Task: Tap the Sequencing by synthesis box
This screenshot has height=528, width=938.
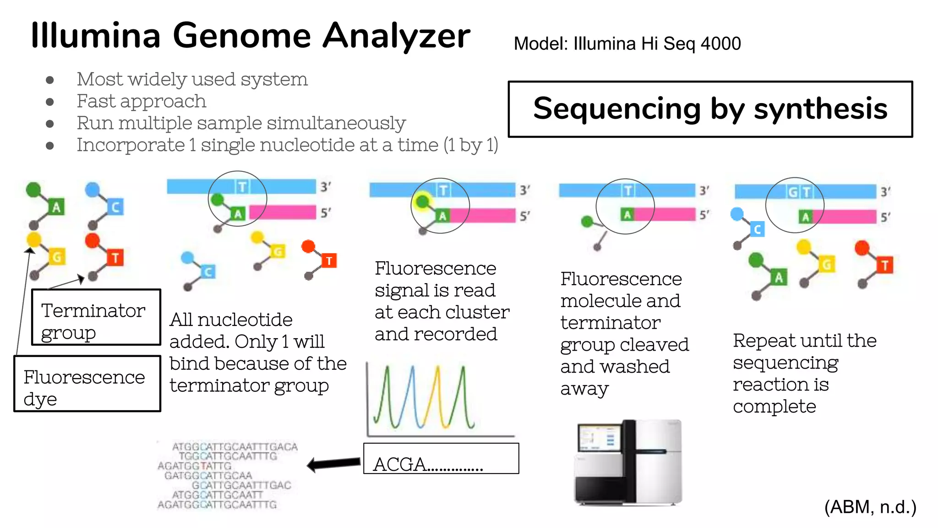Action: pyautogui.click(x=710, y=109)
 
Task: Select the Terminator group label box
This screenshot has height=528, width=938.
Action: pyautogui.click(x=96, y=317)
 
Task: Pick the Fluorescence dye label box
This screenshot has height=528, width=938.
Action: pyautogui.click(x=87, y=384)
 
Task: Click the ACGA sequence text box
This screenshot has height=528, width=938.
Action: pyautogui.click(x=441, y=458)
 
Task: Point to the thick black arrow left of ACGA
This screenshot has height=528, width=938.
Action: pyautogui.click(x=333, y=464)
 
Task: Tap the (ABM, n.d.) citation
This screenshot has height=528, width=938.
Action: pyautogui.click(x=870, y=507)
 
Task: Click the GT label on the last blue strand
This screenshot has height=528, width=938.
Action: pyautogui.click(x=799, y=192)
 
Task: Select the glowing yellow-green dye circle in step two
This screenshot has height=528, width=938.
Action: pyautogui.click(x=422, y=201)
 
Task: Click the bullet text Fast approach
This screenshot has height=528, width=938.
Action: pyautogui.click(x=141, y=101)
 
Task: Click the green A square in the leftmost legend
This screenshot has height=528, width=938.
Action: pyautogui.click(x=56, y=207)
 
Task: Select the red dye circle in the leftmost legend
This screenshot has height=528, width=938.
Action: pyautogui.click(x=92, y=240)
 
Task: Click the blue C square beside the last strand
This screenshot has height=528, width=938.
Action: pyautogui.click(x=757, y=229)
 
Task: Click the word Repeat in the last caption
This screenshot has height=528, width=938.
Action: pyautogui.click(x=758, y=341)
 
